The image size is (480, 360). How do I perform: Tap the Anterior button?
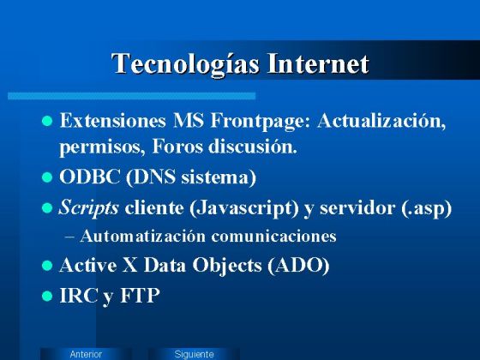(x=86, y=353)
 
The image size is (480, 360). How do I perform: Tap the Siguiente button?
(x=194, y=353)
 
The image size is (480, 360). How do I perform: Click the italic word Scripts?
(x=89, y=207)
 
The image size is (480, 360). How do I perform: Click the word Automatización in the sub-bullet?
(x=143, y=236)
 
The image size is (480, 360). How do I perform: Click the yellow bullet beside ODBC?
(x=48, y=178)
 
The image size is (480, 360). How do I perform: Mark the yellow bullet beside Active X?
(x=48, y=267)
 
